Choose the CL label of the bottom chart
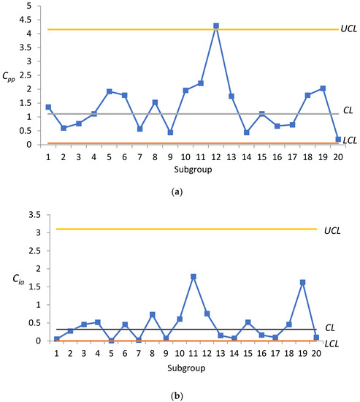(x=330, y=328)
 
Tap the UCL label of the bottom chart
(x=332, y=230)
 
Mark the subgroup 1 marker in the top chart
(x=28, y=107)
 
